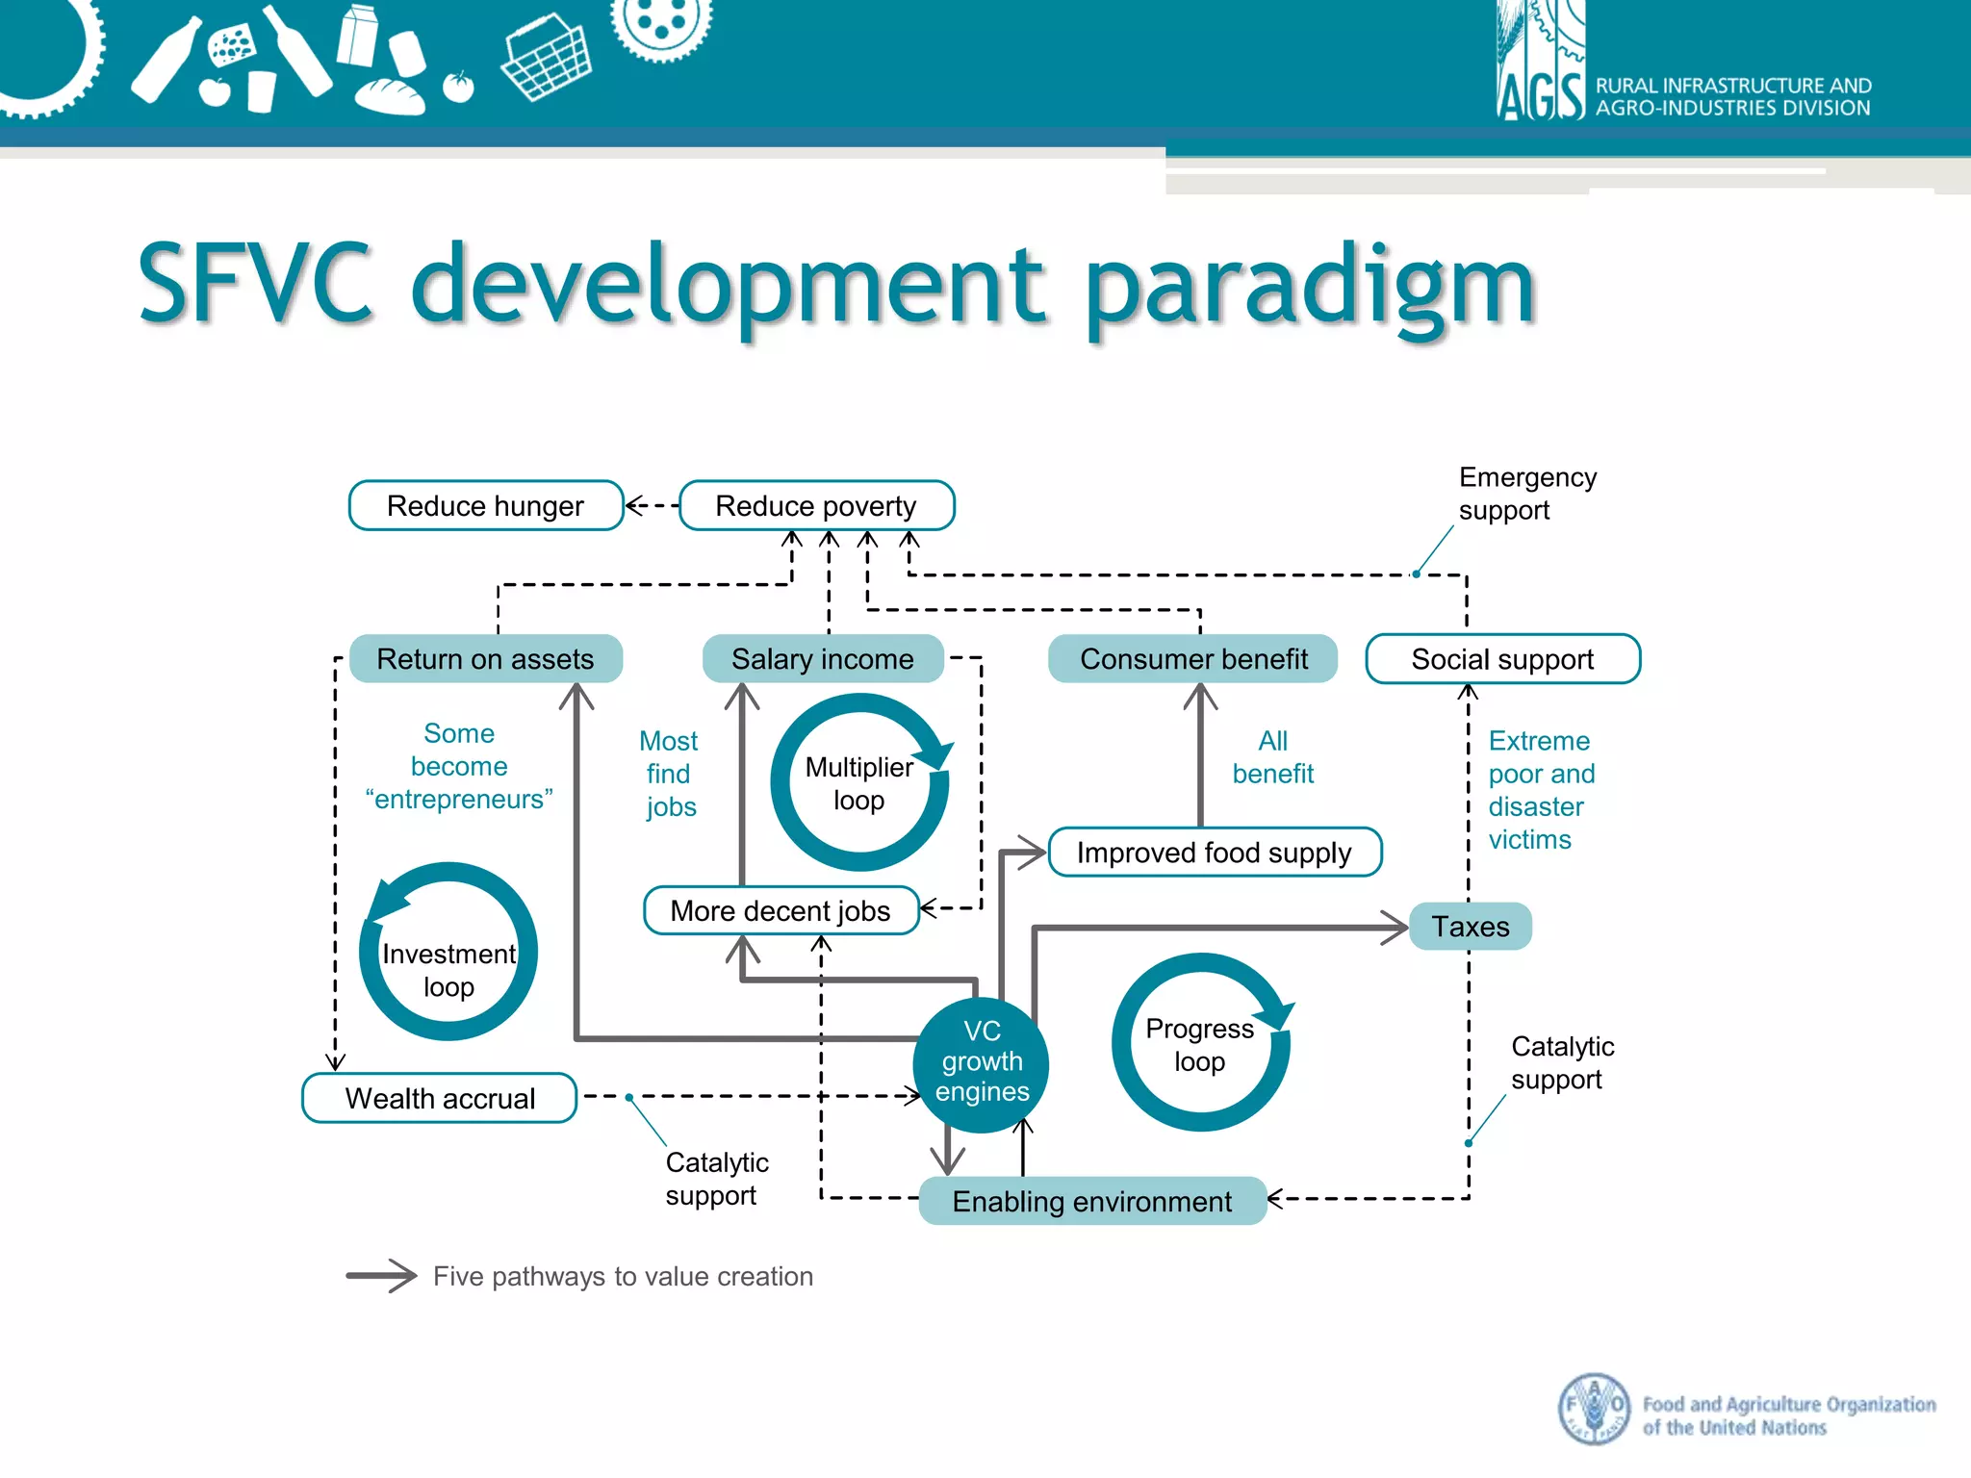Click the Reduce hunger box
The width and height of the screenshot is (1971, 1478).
coord(486,505)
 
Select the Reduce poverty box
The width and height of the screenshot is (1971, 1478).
coord(816,505)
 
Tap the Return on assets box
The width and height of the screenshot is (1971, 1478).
coord(485,659)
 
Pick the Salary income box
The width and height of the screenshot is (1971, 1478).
coord(822,659)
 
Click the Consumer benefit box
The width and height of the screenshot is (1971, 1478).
coord(1192,659)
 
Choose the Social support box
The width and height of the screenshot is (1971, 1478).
coord(1502,659)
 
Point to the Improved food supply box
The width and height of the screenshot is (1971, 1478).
coord(1214,853)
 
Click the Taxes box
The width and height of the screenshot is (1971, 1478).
coord(1470,927)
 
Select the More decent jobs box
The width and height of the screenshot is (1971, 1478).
coord(781,910)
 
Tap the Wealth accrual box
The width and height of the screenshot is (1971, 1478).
coord(440,1098)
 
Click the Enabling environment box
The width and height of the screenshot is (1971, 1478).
coord(1091,1201)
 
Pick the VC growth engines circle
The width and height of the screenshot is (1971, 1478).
coord(982,1062)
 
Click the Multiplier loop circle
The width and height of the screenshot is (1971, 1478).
coord(859,783)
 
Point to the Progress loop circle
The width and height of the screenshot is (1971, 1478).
coord(1199,1044)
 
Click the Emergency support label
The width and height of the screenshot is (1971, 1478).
coord(1526,494)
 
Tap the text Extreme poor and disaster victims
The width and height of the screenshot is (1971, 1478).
coord(1540,790)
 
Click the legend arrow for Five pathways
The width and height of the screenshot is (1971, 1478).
coord(381,1276)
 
